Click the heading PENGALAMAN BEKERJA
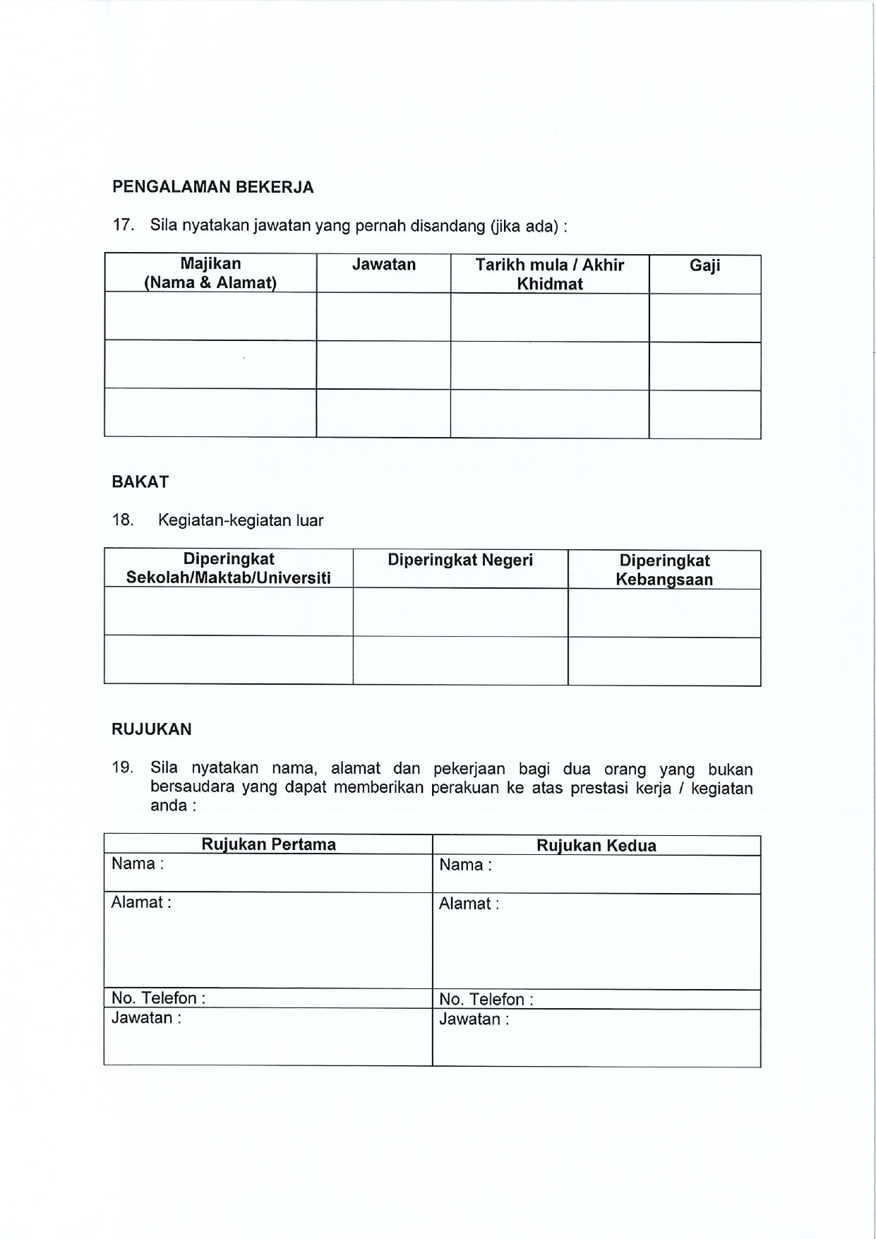(212, 187)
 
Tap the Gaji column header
(704, 265)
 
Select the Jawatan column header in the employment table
(383, 265)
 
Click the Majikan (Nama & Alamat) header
(210, 273)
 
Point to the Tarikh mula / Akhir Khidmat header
(549, 274)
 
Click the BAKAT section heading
(140, 482)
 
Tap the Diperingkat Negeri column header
(460, 561)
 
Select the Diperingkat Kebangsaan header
(664, 570)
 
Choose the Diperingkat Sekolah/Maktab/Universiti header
(228, 568)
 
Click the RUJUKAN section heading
(152, 729)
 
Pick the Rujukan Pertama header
(268, 844)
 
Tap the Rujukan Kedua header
(596, 846)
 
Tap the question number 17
(123, 225)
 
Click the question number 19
(123, 767)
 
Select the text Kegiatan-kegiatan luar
(241, 520)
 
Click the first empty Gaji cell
(704, 318)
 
